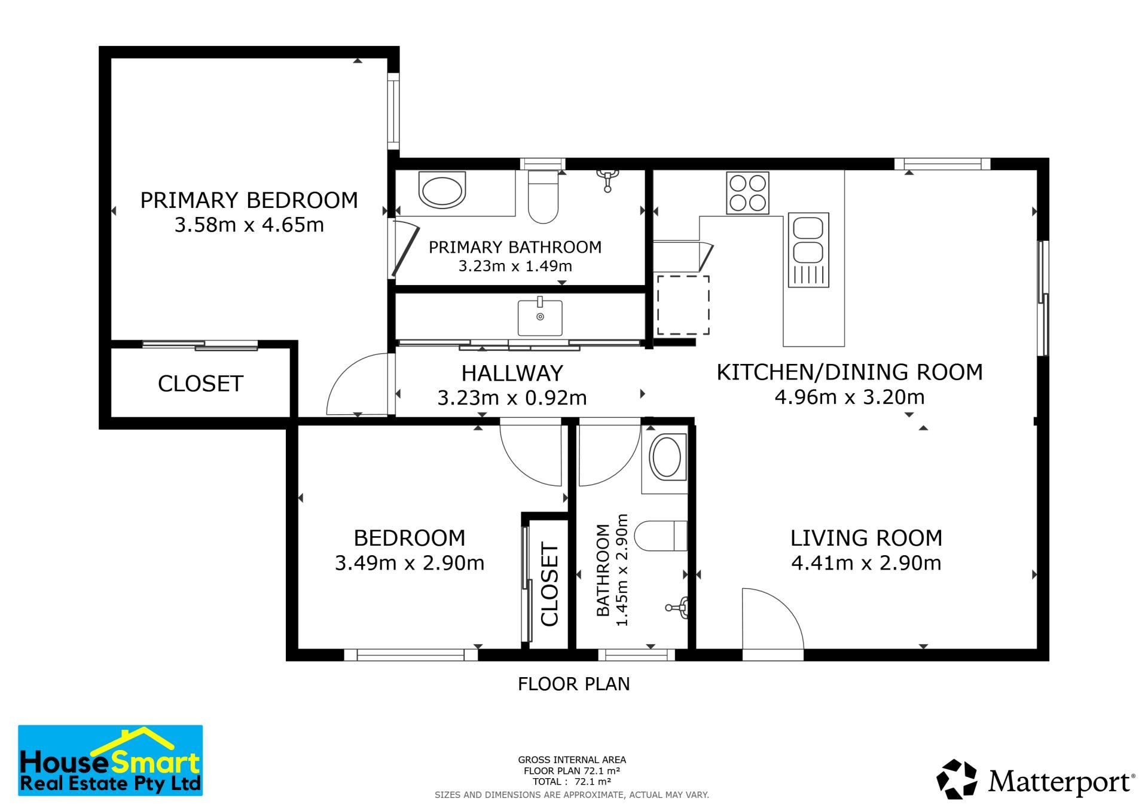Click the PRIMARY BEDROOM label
click(249, 200)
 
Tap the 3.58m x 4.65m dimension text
click(249, 225)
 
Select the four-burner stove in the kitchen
click(747, 193)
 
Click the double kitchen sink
click(808, 250)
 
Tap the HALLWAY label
click(512, 374)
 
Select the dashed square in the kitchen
click(683, 305)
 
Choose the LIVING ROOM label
click(866, 538)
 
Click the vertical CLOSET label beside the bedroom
click(549, 584)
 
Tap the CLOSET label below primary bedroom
click(200, 384)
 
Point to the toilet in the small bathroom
click(660, 535)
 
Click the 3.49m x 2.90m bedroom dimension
click(410, 563)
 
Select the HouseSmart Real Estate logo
click(111, 760)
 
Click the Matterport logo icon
click(957, 779)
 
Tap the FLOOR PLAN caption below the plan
click(574, 684)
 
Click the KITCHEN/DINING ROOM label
click(850, 372)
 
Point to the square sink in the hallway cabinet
click(540, 317)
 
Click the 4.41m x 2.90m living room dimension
click(866, 563)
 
